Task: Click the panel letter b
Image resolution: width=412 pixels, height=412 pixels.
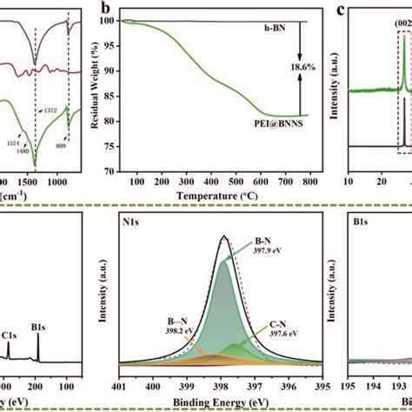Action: (x=130, y=11)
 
